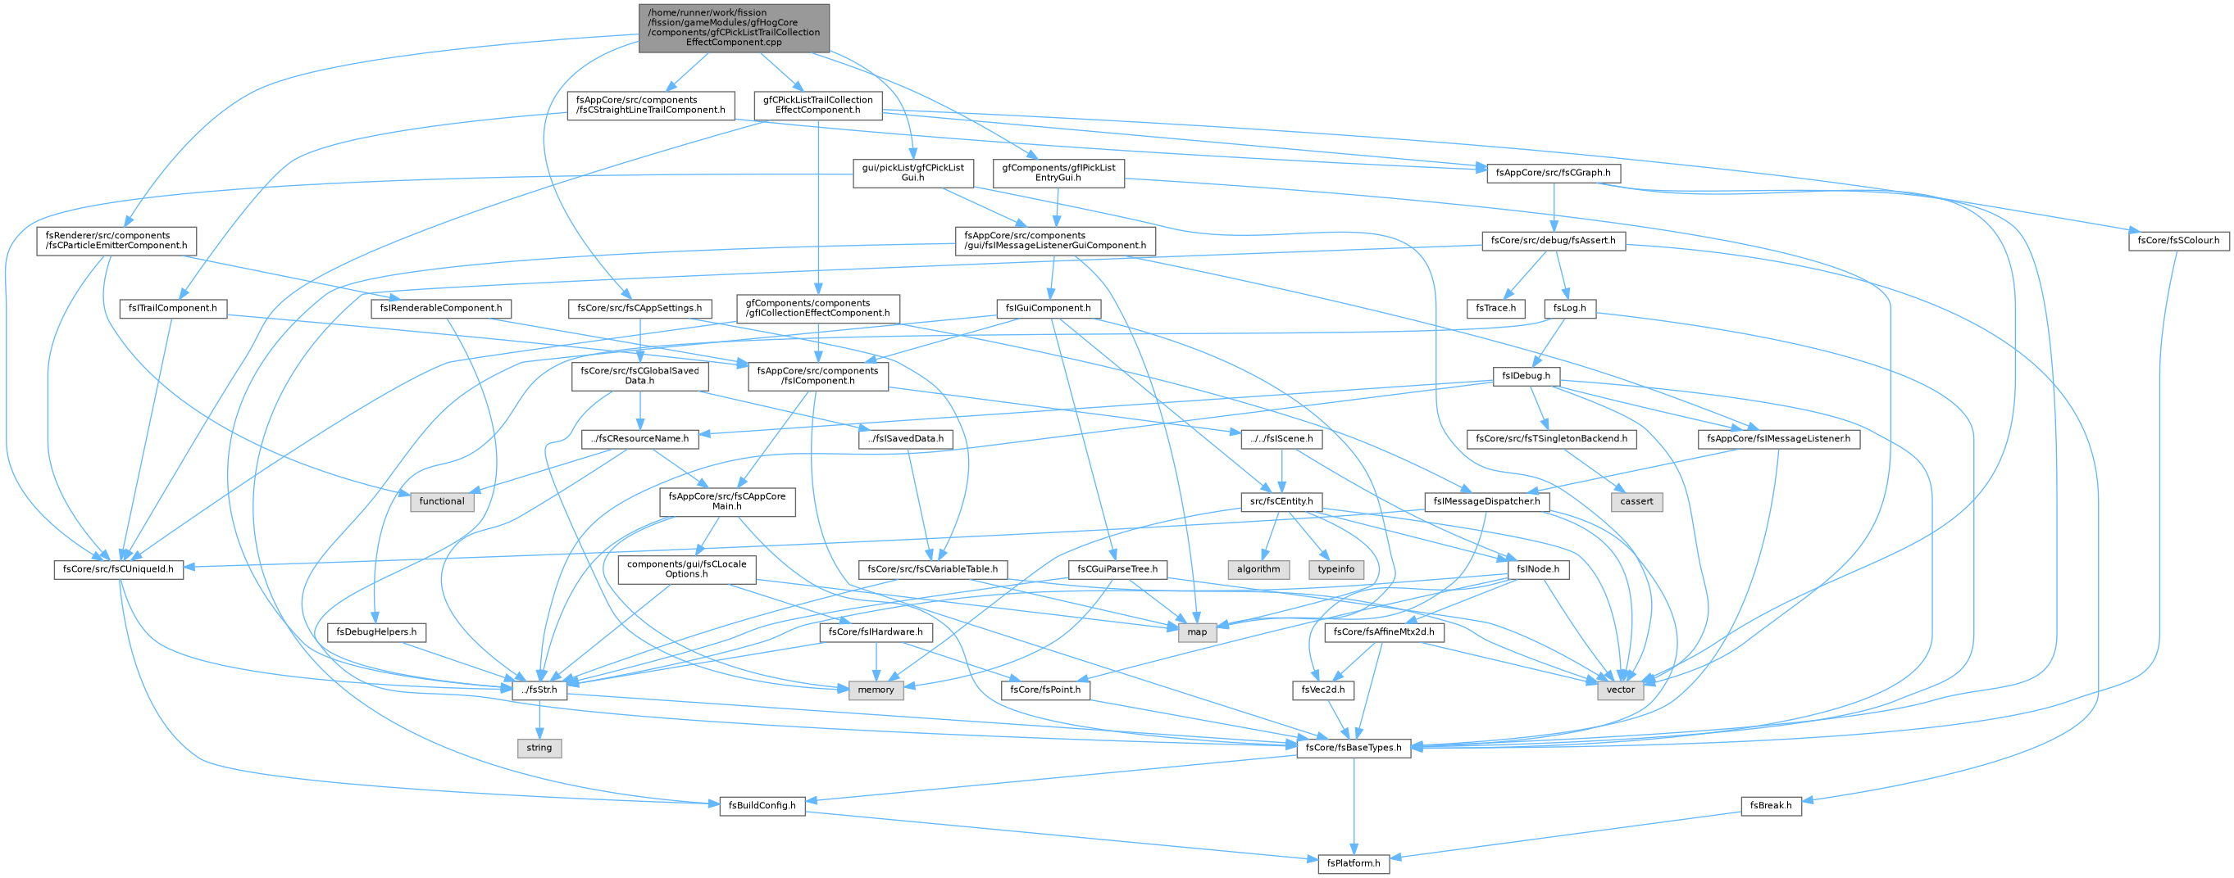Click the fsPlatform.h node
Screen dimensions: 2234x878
coord(1353,863)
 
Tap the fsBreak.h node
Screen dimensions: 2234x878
coord(1770,805)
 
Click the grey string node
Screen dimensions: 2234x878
coord(539,747)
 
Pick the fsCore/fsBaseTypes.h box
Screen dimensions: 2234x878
coord(1353,747)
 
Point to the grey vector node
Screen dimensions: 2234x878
coord(1619,690)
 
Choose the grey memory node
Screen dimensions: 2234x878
coord(875,690)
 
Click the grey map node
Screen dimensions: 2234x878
coord(1197,631)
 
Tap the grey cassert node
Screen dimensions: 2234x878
coord(1636,501)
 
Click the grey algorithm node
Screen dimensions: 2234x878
coord(1258,569)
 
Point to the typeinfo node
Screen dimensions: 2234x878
coord(1335,569)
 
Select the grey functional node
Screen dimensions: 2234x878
coord(441,501)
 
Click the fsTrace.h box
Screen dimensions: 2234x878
coord(1495,308)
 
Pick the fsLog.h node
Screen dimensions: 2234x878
coord(1571,308)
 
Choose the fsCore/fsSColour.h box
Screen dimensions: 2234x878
coord(2177,240)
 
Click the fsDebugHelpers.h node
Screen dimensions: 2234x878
coord(376,631)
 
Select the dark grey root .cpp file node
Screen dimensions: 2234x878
coord(734,28)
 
